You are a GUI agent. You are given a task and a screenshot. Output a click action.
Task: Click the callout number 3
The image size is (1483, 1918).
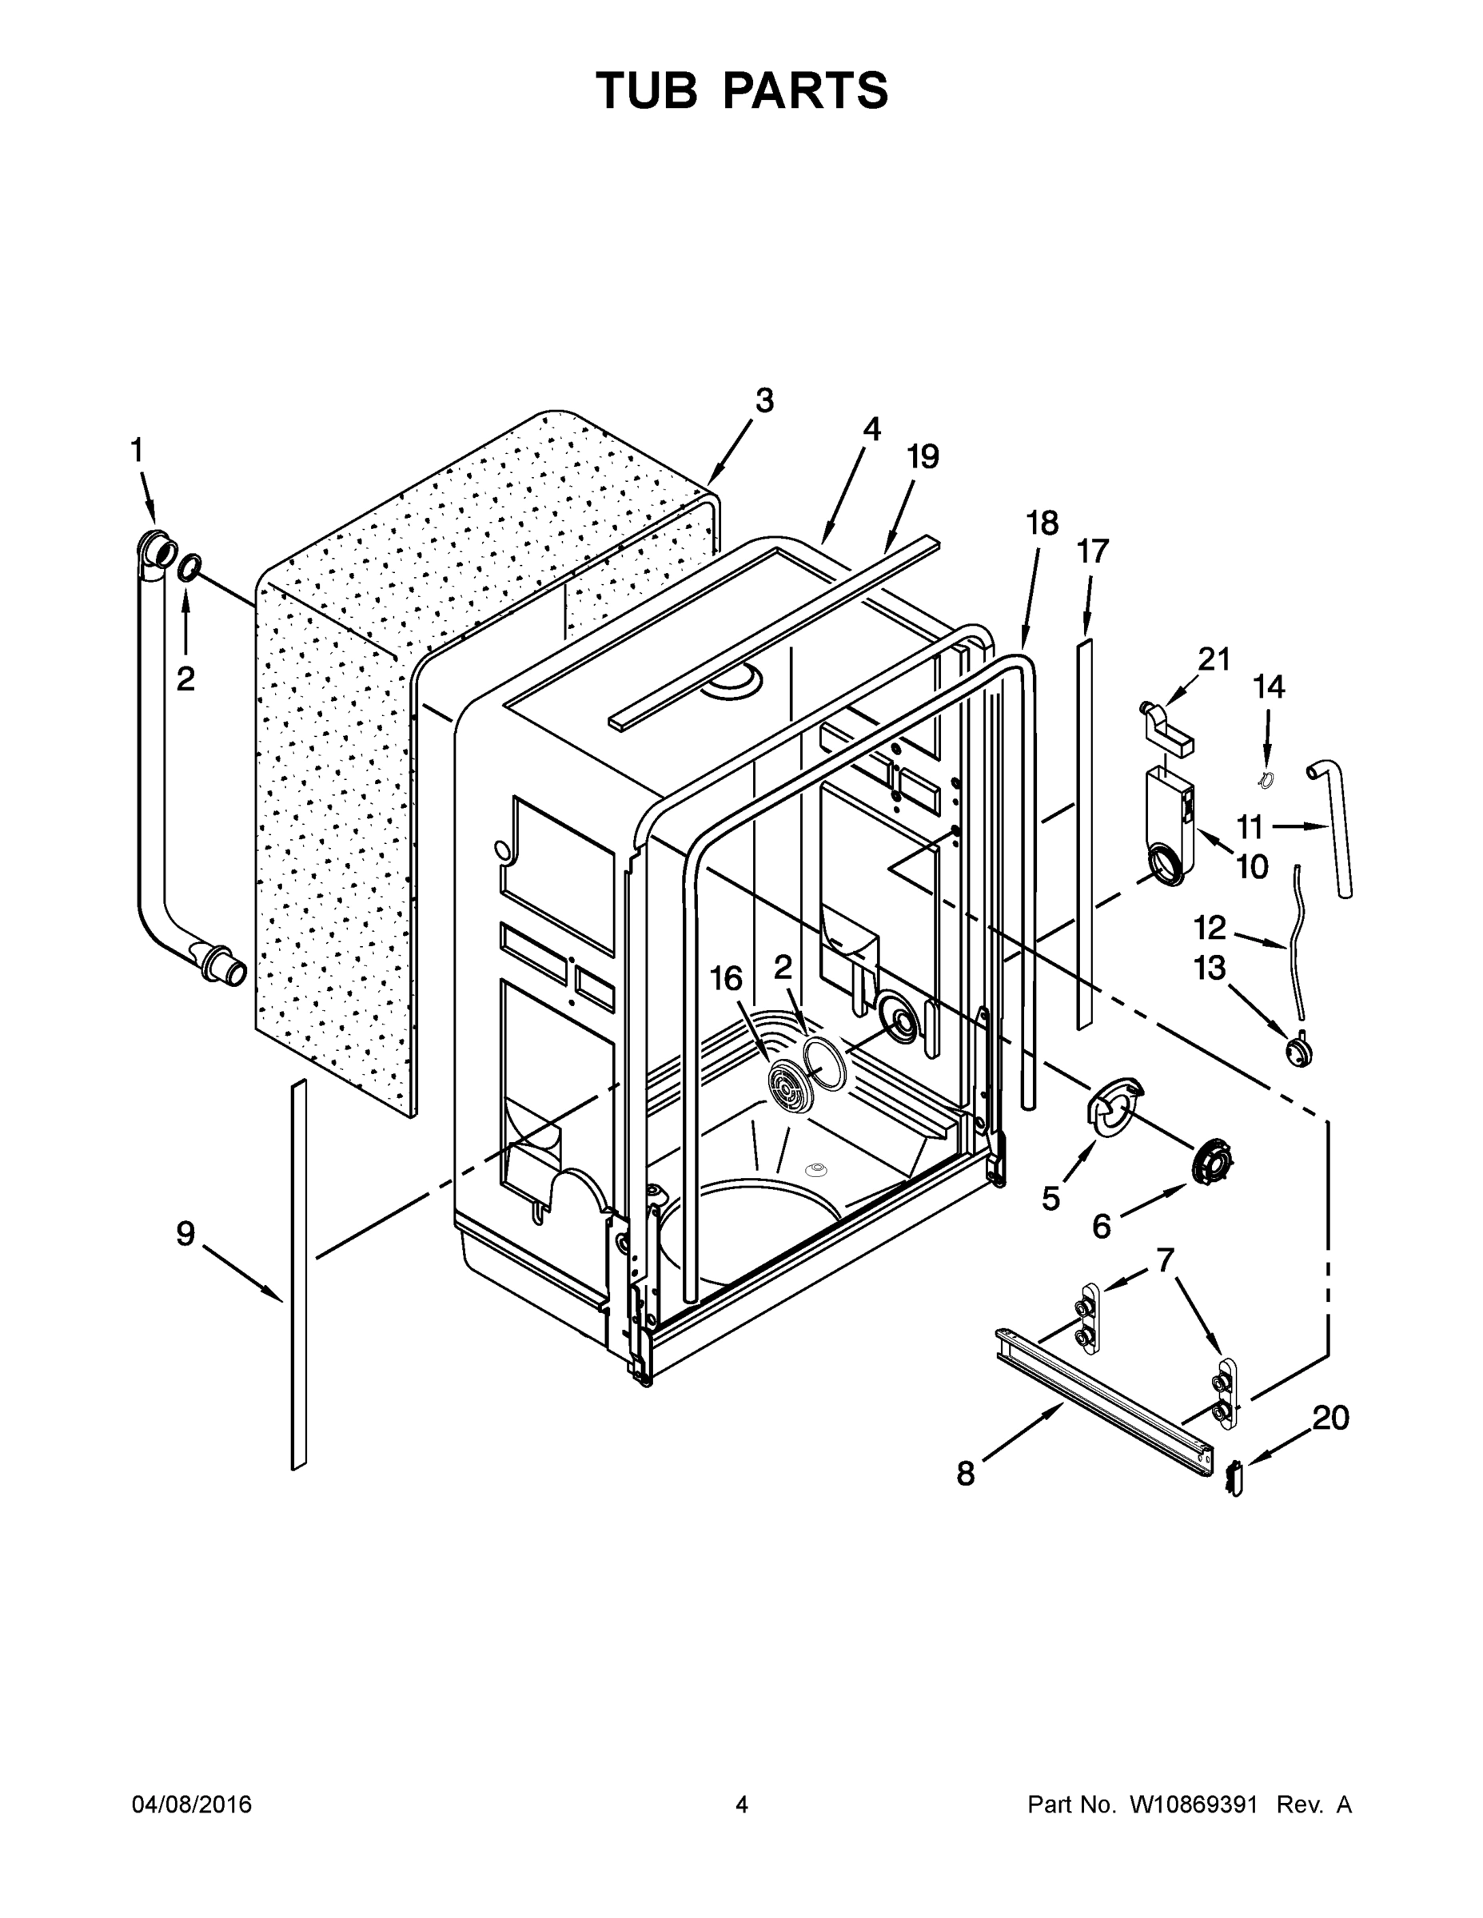tap(764, 401)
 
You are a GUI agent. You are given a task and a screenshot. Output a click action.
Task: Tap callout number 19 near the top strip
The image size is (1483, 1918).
tap(923, 456)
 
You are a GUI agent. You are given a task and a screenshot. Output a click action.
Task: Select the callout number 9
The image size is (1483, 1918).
tap(185, 1234)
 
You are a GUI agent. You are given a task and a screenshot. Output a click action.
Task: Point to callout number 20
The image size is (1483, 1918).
tap(1330, 1418)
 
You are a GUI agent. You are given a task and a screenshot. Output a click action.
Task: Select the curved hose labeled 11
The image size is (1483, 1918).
tap(1336, 826)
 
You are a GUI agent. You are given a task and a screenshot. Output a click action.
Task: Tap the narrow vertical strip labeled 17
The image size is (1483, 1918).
tap(1085, 834)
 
